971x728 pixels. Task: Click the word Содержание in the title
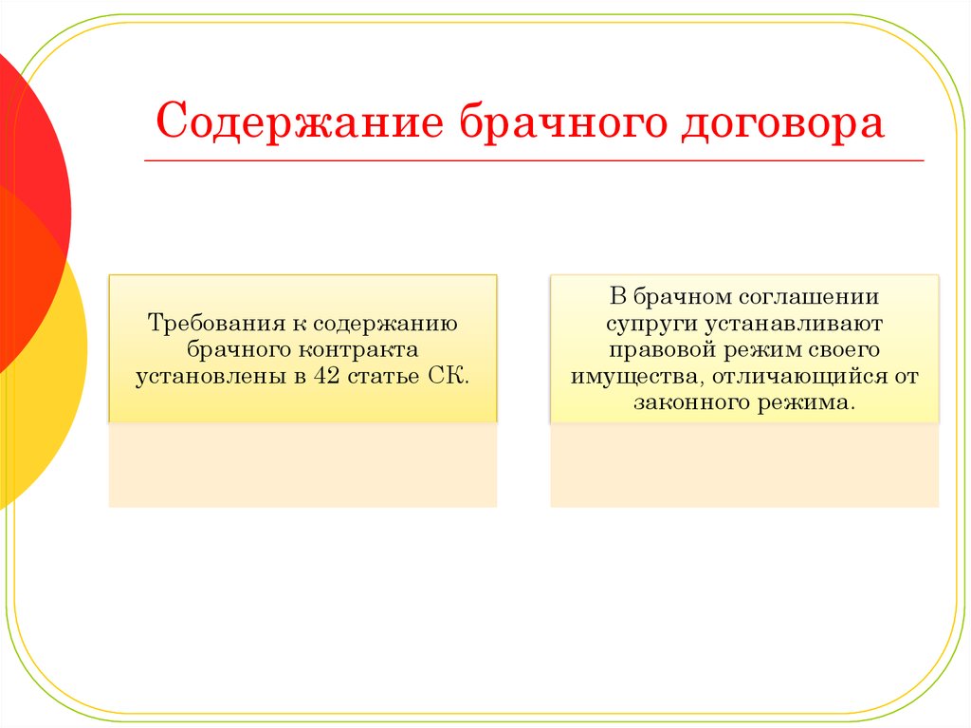(300, 121)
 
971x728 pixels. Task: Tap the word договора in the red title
(782, 122)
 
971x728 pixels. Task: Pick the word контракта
(358, 350)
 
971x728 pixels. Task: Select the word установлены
(209, 377)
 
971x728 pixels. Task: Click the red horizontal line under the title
(534, 160)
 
